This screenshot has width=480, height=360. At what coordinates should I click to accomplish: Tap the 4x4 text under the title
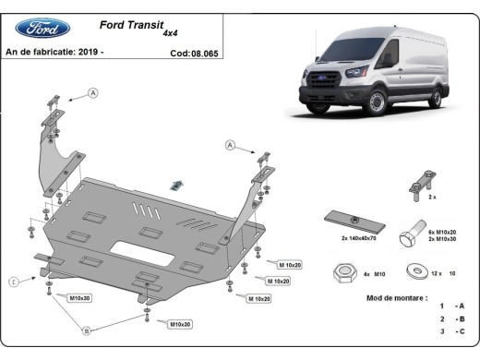tap(171, 33)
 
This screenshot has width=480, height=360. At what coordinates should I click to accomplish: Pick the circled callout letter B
tap(86, 330)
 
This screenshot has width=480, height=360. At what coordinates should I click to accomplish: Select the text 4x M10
tap(372, 274)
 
